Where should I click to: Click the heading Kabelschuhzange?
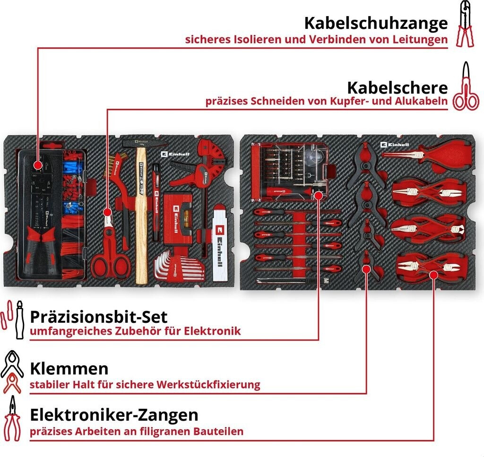pos(375,23)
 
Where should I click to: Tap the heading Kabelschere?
pos(397,87)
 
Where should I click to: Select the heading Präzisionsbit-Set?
pos(98,316)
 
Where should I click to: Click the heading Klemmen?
pos(69,368)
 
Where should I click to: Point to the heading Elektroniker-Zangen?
pos(114,415)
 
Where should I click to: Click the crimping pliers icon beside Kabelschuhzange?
pos(465,25)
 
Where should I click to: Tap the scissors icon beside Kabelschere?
pos(466,87)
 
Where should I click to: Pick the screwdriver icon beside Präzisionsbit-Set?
pos(19,319)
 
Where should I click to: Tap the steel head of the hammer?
pos(143,143)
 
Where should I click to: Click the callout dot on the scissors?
pos(108,212)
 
